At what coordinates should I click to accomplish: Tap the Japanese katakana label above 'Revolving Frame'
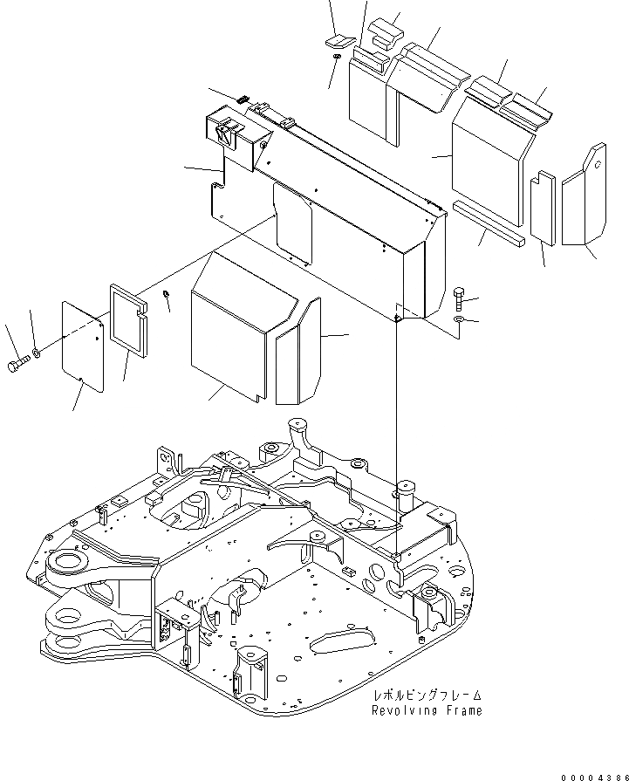pyautogui.click(x=427, y=696)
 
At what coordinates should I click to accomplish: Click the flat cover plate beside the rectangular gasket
pyautogui.click(x=83, y=343)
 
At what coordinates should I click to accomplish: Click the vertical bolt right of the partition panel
pyautogui.click(x=461, y=298)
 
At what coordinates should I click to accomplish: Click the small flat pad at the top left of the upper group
pyautogui.click(x=338, y=41)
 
